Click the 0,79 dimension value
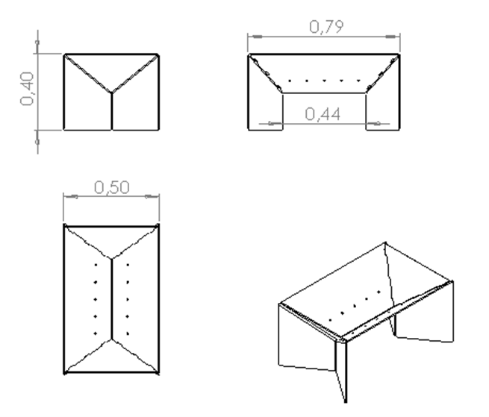tap(326, 27)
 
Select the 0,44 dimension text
tap(323, 114)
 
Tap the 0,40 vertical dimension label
tap(27, 89)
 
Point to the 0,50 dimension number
tap(112, 188)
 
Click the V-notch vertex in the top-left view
tap(112, 93)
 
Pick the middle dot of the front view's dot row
tap(324, 81)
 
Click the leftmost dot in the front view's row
tap(290, 81)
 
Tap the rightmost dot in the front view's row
tap(358, 81)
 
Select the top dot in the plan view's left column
tap(96, 265)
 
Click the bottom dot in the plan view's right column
tap(128, 333)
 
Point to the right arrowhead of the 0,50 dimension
tap(152, 197)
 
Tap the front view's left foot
tap(265, 112)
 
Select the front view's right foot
tap(383, 112)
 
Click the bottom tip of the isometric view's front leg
tap(346, 402)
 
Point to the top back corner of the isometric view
tap(385, 242)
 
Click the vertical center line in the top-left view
tap(112, 111)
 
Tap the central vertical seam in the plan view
tap(112, 299)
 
